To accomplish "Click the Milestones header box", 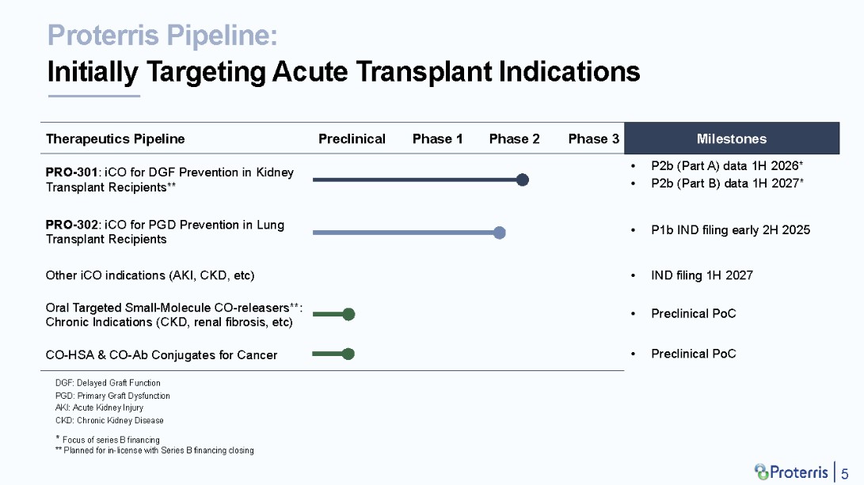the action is pos(732,138).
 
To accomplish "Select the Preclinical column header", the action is pos(352,138).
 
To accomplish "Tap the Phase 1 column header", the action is pos(437,138).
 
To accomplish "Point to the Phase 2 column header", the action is pos(514,138).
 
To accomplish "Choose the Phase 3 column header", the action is pos(593,138).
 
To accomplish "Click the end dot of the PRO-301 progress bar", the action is pos(523,180).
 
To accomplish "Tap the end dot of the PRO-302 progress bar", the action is pos(499,233).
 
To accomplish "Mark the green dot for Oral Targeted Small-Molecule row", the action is pos(348,314).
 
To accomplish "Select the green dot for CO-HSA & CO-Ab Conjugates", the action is pos(348,354).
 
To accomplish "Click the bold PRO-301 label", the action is pos(71,172).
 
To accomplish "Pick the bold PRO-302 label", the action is pos(71,225).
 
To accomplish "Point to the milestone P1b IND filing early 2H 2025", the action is pos(730,230).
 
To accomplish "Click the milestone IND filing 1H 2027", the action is pos(702,275).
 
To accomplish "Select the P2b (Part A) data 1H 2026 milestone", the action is pos(727,165).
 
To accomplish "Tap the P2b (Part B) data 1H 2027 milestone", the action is pos(727,184).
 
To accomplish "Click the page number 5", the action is pos(844,473).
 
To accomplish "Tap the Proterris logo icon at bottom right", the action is pos(762,472).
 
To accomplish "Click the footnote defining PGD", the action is pos(112,396).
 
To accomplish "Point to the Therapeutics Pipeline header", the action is pos(115,138).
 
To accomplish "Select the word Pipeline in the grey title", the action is pos(222,36).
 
